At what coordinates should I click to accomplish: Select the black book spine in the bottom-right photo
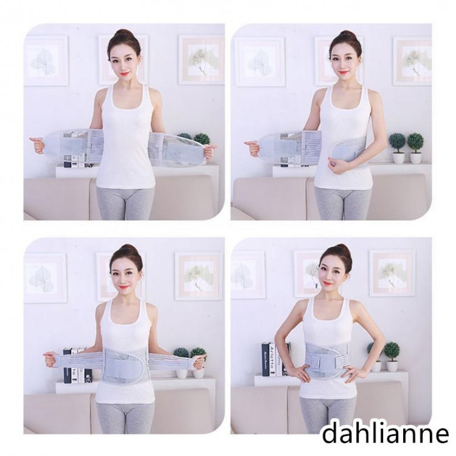click(265, 359)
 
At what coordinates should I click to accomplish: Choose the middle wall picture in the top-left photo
click(124, 60)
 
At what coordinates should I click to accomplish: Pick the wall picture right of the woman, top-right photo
click(412, 61)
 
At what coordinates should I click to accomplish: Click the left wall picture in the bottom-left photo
click(46, 274)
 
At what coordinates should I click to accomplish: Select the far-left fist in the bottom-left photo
click(50, 359)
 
